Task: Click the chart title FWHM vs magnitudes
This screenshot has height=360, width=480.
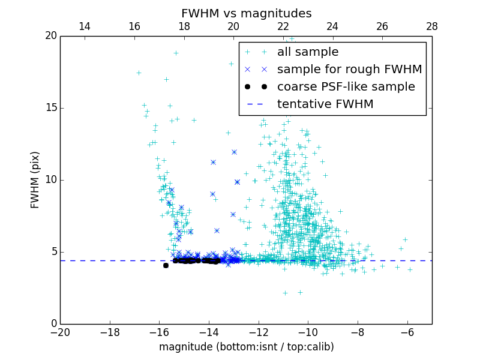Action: (x=246, y=13)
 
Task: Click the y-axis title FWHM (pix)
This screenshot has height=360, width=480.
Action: (x=35, y=179)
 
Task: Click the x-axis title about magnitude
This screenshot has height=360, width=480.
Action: (x=246, y=347)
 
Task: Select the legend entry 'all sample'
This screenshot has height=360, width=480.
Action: (x=308, y=52)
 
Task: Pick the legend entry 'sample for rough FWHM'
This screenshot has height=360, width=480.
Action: (x=349, y=70)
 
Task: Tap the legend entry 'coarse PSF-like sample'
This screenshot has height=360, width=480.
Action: (x=346, y=87)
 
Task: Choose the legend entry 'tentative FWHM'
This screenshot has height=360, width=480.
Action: (x=325, y=104)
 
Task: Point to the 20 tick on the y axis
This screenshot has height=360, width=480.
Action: (x=50, y=36)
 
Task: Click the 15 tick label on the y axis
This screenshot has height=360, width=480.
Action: (x=50, y=108)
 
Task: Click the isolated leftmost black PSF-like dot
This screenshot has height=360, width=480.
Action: (x=166, y=265)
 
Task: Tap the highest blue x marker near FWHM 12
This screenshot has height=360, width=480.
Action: (x=234, y=152)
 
